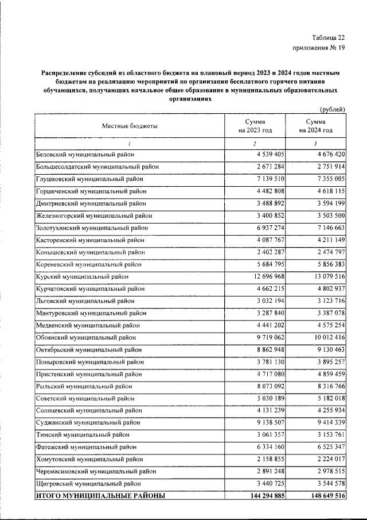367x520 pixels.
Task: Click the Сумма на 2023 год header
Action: [255, 126]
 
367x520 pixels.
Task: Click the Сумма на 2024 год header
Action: [315, 126]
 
